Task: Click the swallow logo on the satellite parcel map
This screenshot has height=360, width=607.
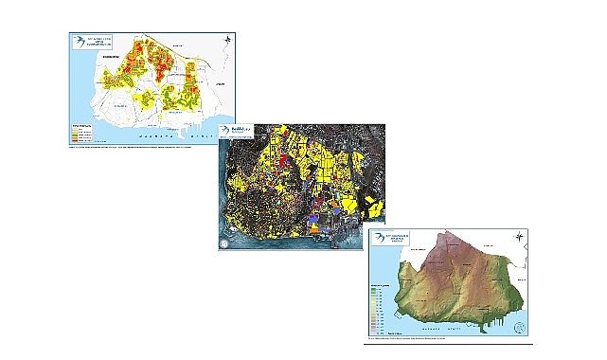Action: (x=224, y=131)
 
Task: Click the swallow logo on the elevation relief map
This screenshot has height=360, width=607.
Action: (x=380, y=238)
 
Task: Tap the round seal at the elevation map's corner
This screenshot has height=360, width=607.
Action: (x=518, y=328)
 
